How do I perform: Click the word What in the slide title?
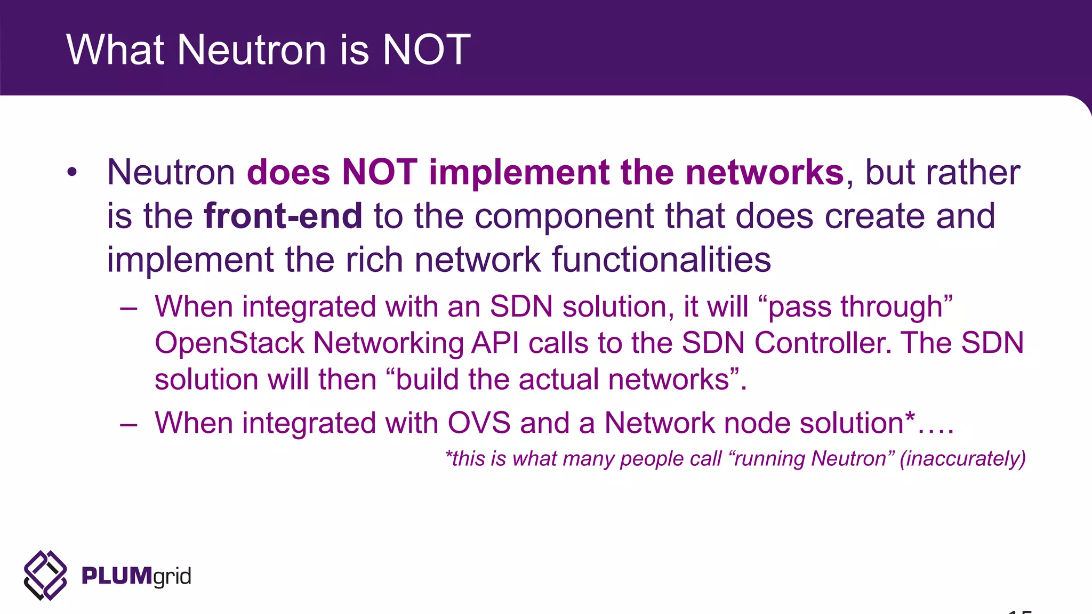[115, 50]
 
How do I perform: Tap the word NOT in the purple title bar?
[427, 50]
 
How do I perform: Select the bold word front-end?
[283, 216]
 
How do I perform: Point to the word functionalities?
[661, 260]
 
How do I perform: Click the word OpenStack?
[229, 343]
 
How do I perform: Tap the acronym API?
[495, 343]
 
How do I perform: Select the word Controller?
[822, 343]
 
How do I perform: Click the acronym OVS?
[479, 423]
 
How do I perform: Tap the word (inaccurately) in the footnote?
[962, 459]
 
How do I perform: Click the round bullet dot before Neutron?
[72, 172]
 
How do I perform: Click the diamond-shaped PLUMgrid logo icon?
[45, 576]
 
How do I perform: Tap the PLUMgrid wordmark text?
[136, 576]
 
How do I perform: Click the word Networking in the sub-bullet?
[388, 343]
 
